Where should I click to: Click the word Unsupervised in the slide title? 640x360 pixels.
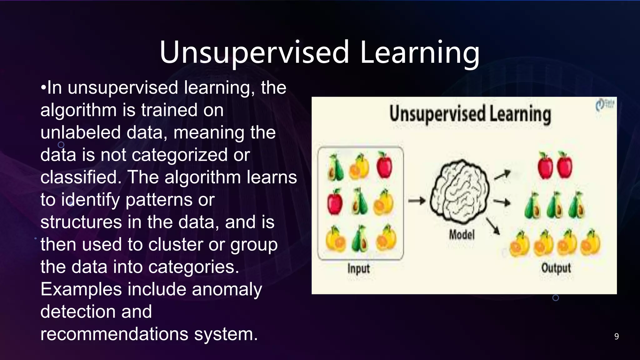(254, 52)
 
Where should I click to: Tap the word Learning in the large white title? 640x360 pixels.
(419, 52)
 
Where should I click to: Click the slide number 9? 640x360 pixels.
(616, 336)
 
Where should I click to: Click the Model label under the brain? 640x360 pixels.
(462, 234)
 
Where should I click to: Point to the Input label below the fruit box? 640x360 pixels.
(358, 268)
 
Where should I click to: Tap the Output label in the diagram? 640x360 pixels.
(556, 268)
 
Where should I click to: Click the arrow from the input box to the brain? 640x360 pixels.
(417, 201)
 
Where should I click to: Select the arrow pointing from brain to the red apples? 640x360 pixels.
(502, 175)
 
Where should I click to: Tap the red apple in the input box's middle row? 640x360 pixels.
(335, 202)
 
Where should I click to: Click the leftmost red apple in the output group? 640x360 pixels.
(545, 166)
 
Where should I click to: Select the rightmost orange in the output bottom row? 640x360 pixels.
(590, 243)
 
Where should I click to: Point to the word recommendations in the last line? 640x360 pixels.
(114, 334)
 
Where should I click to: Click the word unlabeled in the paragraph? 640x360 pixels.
(80, 132)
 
